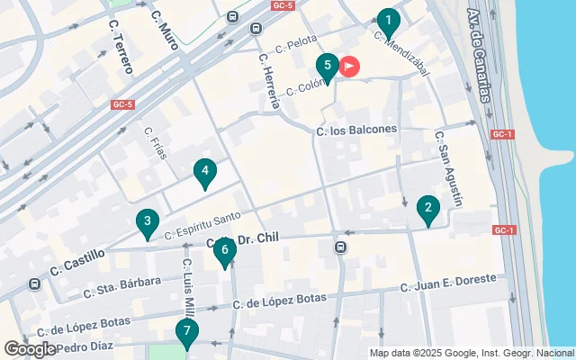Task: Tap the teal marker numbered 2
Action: point(428,211)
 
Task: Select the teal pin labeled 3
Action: point(147,222)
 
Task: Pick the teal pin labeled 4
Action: point(205,172)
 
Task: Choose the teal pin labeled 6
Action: point(225,253)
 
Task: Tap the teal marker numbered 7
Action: point(186,334)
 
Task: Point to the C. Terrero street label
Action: point(119,47)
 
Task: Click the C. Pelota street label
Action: point(296,43)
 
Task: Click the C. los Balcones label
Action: point(356,130)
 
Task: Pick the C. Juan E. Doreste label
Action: point(447,283)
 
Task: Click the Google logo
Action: point(30,348)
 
